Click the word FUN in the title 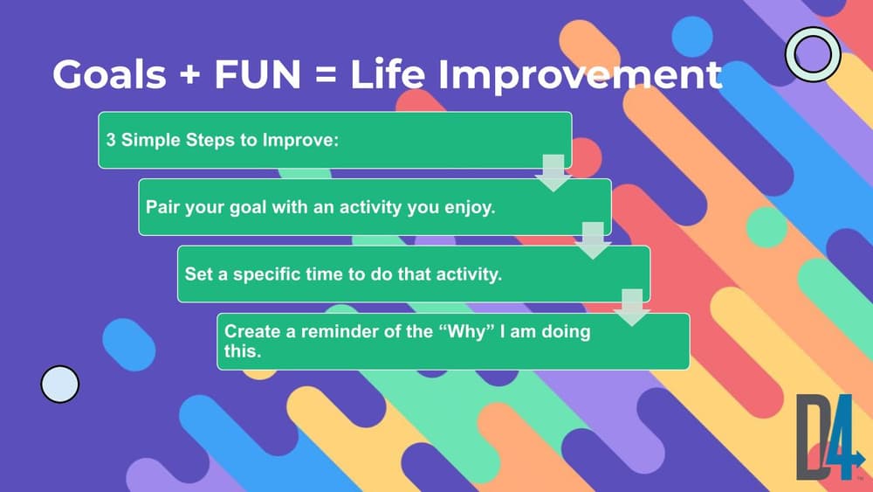258,74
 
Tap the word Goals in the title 110,74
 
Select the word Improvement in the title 580,75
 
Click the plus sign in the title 190,74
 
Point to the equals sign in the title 325,75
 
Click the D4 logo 829,438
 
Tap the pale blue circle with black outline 60,384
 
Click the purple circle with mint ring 813,54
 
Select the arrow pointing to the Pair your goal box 553,173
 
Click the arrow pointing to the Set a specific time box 593,240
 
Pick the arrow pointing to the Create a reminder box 632,308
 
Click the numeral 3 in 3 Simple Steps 111,139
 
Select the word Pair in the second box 162,207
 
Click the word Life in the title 389,74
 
